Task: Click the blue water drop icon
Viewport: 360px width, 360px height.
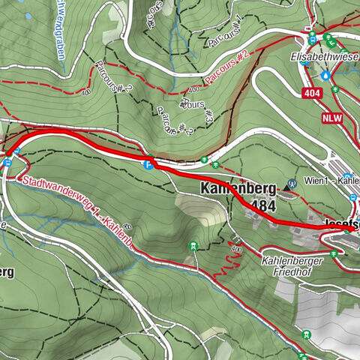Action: [x=325, y=76]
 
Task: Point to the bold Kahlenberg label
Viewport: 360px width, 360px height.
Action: [x=238, y=189]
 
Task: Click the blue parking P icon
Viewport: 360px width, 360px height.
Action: [x=149, y=164]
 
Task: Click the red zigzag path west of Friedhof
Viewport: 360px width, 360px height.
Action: [x=227, y=266]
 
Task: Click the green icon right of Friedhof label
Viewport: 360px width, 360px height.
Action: [x=343, y=253]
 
